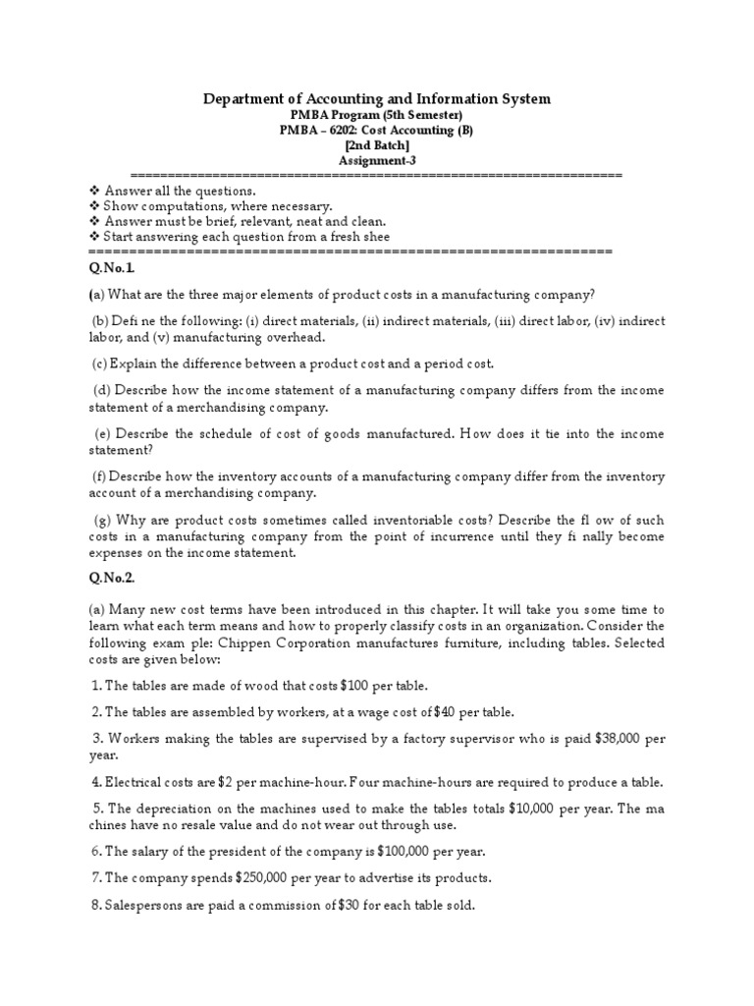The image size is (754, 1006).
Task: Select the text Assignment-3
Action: click(376, 160)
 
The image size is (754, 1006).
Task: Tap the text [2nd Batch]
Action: click(376, 144)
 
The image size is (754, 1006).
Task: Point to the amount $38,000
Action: click(602, 738)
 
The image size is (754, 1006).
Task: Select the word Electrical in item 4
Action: click(136, 782)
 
